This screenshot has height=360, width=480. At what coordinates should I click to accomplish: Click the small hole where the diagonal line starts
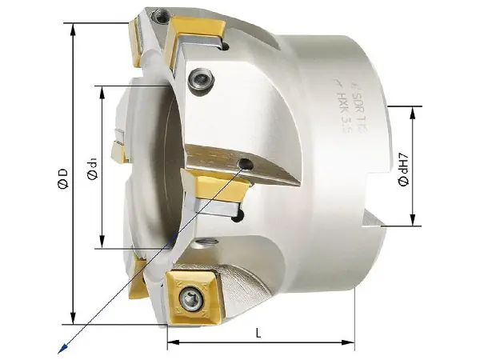click(245, 166)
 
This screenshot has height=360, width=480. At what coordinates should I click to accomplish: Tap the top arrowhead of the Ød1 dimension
click(103, 88)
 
